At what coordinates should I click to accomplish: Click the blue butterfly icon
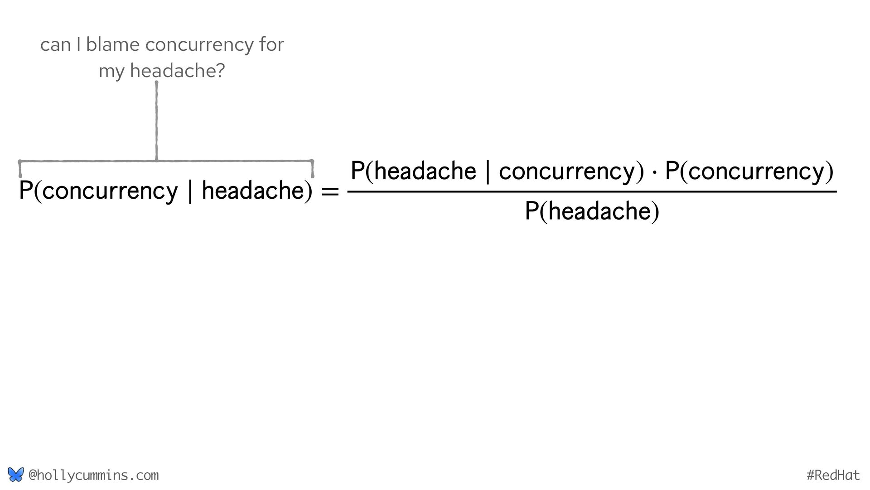pos(15,475)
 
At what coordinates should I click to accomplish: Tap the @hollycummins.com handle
pos(94,475)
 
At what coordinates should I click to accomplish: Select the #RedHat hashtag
pos(833,475)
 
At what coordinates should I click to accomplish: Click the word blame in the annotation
pos(112,44)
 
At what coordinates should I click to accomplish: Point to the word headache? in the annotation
pos(177,71)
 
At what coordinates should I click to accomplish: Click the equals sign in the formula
pos(329,191)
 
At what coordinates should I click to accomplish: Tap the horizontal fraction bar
pos(591,192)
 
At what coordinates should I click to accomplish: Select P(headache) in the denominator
pos(591,211)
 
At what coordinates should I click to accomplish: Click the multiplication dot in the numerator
pos(654,173)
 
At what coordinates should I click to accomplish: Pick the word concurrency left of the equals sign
pos(111,191)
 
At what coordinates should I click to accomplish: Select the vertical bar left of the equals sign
pos(189,191)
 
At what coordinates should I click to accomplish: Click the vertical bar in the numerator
pos(488,172)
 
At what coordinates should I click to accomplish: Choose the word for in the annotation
pos(272,44)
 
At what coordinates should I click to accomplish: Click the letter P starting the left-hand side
pos(25,191)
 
